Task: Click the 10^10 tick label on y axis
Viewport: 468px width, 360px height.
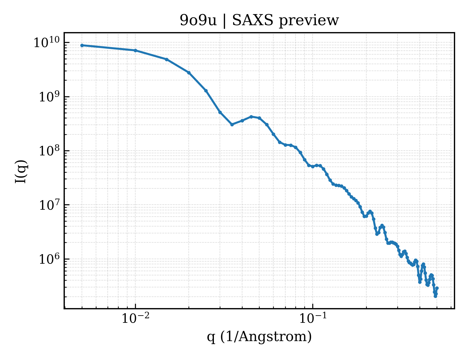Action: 46,42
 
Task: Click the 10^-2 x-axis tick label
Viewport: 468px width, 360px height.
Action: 136,318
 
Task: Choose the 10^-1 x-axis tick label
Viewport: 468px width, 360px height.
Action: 313,318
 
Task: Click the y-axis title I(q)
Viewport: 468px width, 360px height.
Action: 21,172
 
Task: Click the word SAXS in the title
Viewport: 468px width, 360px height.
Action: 252,20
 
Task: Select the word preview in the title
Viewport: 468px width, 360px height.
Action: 309,21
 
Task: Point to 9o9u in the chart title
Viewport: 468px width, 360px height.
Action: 198,20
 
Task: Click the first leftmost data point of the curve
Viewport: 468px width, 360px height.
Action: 82,45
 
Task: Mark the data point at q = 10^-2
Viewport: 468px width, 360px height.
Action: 136,51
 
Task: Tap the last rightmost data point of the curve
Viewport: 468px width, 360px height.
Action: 437,288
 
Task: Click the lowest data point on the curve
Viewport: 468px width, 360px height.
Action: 436,296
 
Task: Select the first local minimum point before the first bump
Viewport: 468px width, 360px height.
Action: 232,125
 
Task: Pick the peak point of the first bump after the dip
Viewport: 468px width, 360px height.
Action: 251,117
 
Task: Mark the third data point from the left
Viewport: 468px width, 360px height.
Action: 167,59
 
